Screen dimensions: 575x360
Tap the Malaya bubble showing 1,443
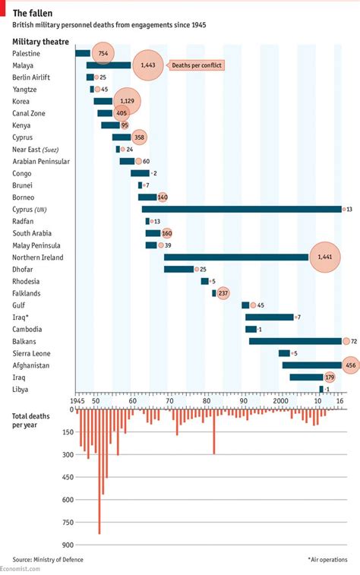tap(148, 66)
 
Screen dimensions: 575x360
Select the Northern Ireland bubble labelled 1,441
tap(325, 257)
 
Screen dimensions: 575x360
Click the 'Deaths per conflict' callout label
tap(197, 65)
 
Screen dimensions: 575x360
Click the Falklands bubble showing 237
tap(223, 293)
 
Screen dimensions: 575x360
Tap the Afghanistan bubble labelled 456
tap(350, 365)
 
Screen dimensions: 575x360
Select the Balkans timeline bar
tap(295, 341)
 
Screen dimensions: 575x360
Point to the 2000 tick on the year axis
tap(282, 400)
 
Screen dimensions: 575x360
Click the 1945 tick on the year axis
tap(77, 400)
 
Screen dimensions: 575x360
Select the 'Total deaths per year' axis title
tap(33, 421)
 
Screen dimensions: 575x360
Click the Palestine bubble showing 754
tap(103, 53)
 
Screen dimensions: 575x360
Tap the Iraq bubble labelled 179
tap(329, 377)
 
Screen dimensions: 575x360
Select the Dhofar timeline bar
tap(178, 269)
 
